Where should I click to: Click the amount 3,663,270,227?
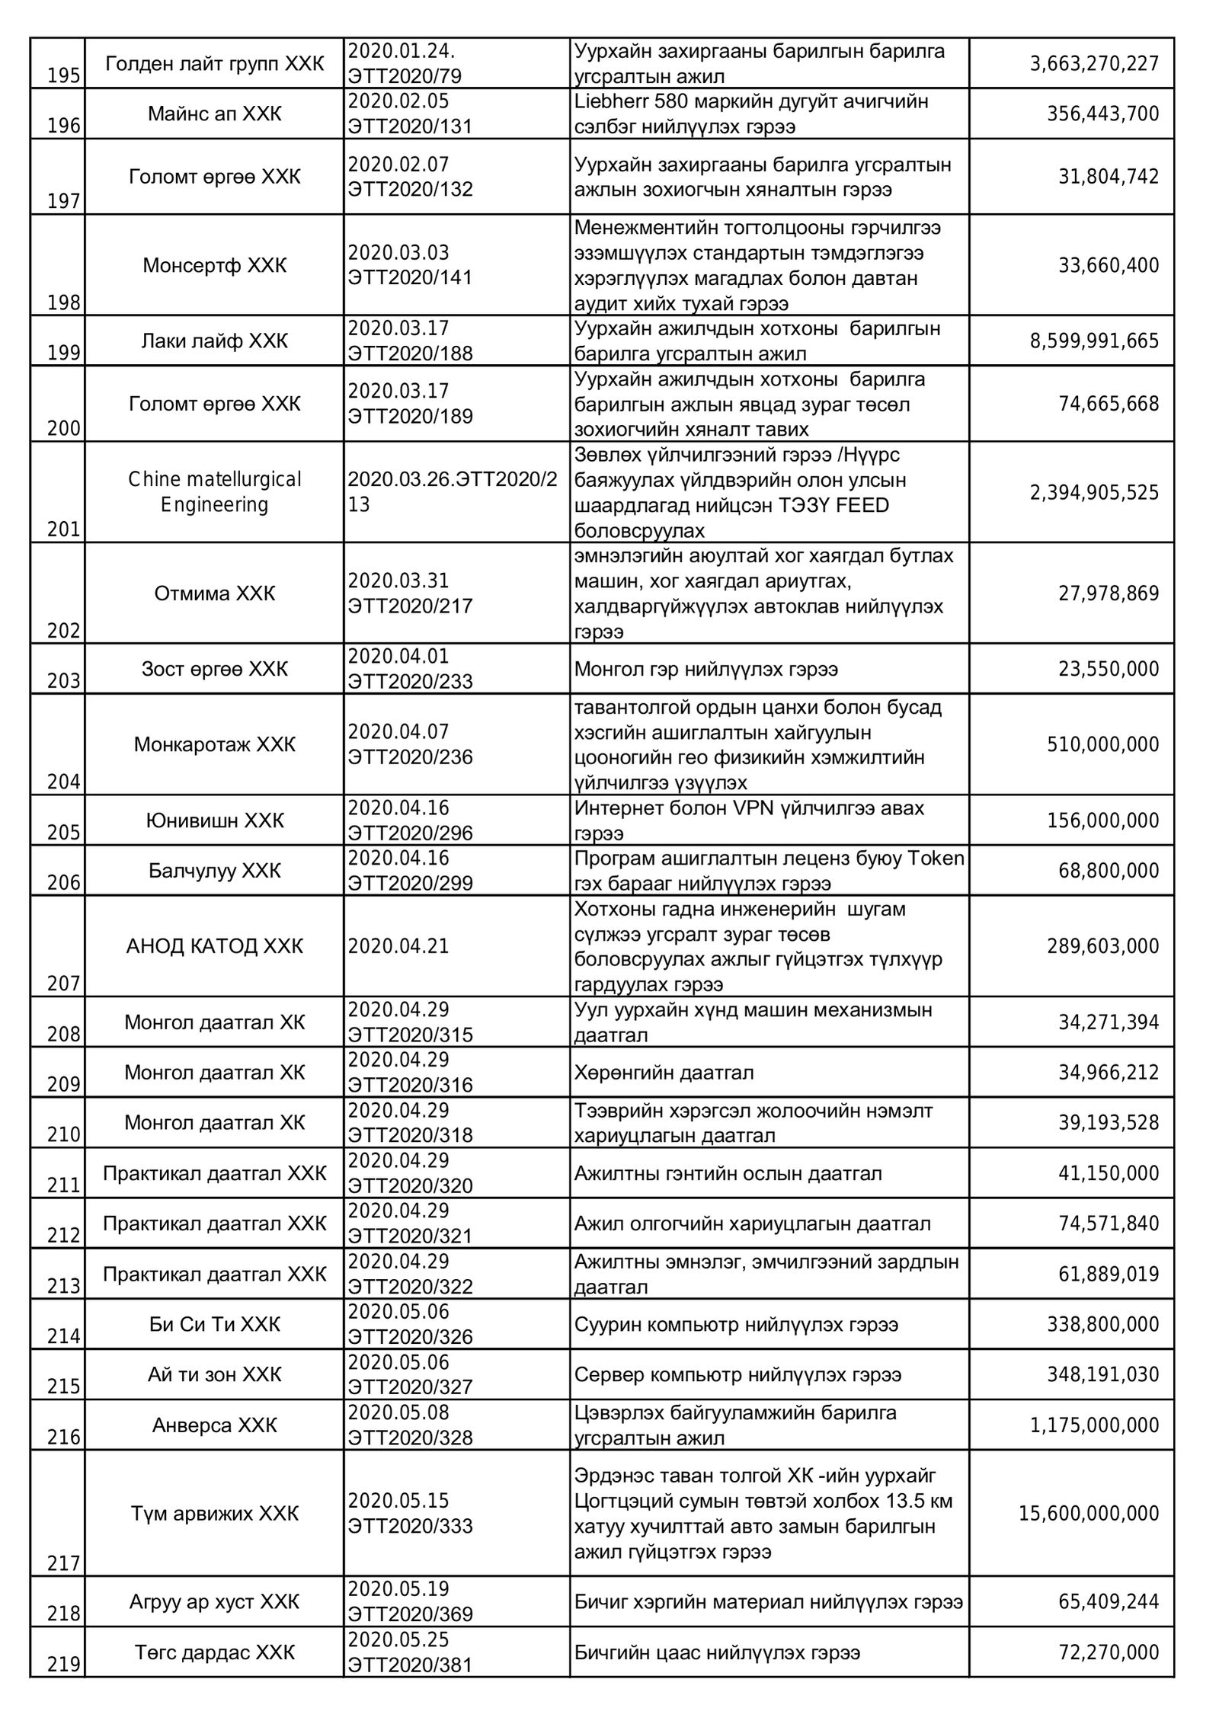[1094, 63]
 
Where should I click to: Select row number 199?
[64, 353]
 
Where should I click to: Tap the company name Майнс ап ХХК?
[215, 114]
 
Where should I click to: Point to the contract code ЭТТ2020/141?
[411, 278]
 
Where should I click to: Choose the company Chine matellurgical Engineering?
[215, 492]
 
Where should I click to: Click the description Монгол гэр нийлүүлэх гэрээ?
[706, 669]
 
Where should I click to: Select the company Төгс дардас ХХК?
[215, 1652]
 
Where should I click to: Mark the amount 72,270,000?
[1109, 1652]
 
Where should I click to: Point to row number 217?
[64, 1564]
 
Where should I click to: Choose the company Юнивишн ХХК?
[215, 820]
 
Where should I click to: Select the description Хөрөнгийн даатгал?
[664, 1073]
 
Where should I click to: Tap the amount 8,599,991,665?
[1094, 341]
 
